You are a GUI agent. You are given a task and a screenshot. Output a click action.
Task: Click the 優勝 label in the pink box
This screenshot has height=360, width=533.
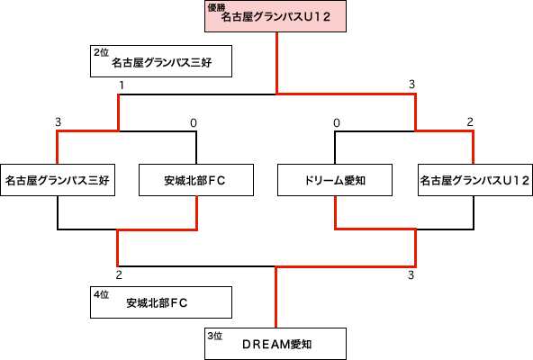216,7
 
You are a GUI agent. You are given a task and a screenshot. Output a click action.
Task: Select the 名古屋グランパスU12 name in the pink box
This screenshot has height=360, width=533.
276,17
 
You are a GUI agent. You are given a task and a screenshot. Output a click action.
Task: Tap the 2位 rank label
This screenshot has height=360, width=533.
102,52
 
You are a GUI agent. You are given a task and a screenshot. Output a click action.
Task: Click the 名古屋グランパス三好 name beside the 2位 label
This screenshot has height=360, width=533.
162,62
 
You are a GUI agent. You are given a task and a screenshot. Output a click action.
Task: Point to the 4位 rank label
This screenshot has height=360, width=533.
102,294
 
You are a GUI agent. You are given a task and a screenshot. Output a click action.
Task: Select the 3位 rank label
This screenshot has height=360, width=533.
215,336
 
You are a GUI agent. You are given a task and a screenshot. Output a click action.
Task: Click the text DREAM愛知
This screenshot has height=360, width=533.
277,345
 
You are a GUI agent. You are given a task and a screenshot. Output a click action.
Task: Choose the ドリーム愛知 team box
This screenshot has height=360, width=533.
335,180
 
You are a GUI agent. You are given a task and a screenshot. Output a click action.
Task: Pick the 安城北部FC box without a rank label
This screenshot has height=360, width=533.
196,180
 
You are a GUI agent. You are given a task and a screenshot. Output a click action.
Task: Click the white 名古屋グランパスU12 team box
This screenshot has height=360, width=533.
475,180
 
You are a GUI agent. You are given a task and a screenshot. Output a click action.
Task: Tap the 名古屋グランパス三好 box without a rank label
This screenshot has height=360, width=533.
58,180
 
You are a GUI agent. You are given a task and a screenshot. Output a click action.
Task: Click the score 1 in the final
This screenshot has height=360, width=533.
122,85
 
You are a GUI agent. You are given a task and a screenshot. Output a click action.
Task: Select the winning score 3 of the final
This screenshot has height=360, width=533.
412,85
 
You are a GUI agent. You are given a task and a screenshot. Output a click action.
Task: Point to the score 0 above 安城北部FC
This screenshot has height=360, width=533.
194,122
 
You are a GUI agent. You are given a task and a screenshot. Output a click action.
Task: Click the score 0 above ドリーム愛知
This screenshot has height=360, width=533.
337,122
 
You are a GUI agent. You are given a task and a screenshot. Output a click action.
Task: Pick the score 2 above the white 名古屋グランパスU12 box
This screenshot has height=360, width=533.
470,121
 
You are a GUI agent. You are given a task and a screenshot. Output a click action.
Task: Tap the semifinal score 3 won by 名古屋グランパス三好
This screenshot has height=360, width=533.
59,122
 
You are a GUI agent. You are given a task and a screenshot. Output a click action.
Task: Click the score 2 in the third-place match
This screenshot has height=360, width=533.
119,274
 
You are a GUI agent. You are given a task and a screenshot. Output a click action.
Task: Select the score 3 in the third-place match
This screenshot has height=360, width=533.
411,275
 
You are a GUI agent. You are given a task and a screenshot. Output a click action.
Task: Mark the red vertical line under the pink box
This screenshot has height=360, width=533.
277,63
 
